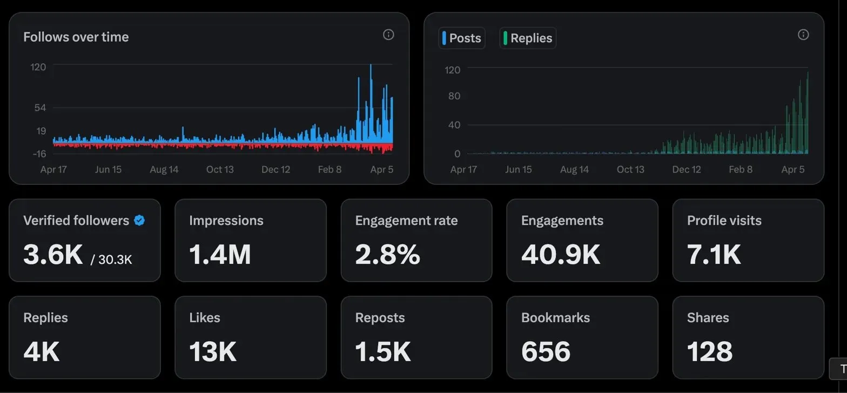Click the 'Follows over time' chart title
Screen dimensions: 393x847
(76, 37)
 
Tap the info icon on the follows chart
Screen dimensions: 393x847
(388, 35)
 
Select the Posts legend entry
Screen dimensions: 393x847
(462, 38)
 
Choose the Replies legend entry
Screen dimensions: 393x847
(528, 38)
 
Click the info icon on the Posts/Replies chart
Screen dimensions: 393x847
(803, 35)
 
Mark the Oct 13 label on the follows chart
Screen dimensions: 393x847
(220, 169)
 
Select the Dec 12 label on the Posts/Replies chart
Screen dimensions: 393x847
(686, 169)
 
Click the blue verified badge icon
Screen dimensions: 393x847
(139, 221)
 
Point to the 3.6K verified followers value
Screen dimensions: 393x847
(53, 254)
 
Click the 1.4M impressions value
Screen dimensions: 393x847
(220, 254)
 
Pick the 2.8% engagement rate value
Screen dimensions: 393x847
(387, 254)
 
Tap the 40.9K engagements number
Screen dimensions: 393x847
(561, 254)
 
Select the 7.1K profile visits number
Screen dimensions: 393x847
(714, 254)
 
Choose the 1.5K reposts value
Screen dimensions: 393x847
(382, 351)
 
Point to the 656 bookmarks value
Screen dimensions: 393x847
(546, 351)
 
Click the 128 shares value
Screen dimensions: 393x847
(709, 351)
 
